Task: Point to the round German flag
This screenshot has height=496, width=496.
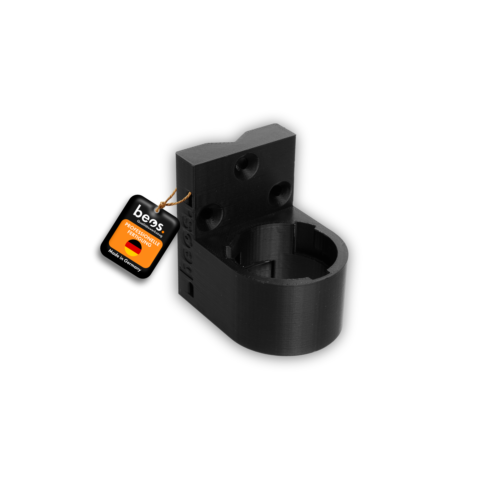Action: point(133,248)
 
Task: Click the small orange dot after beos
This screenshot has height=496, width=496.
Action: point(163,232)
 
